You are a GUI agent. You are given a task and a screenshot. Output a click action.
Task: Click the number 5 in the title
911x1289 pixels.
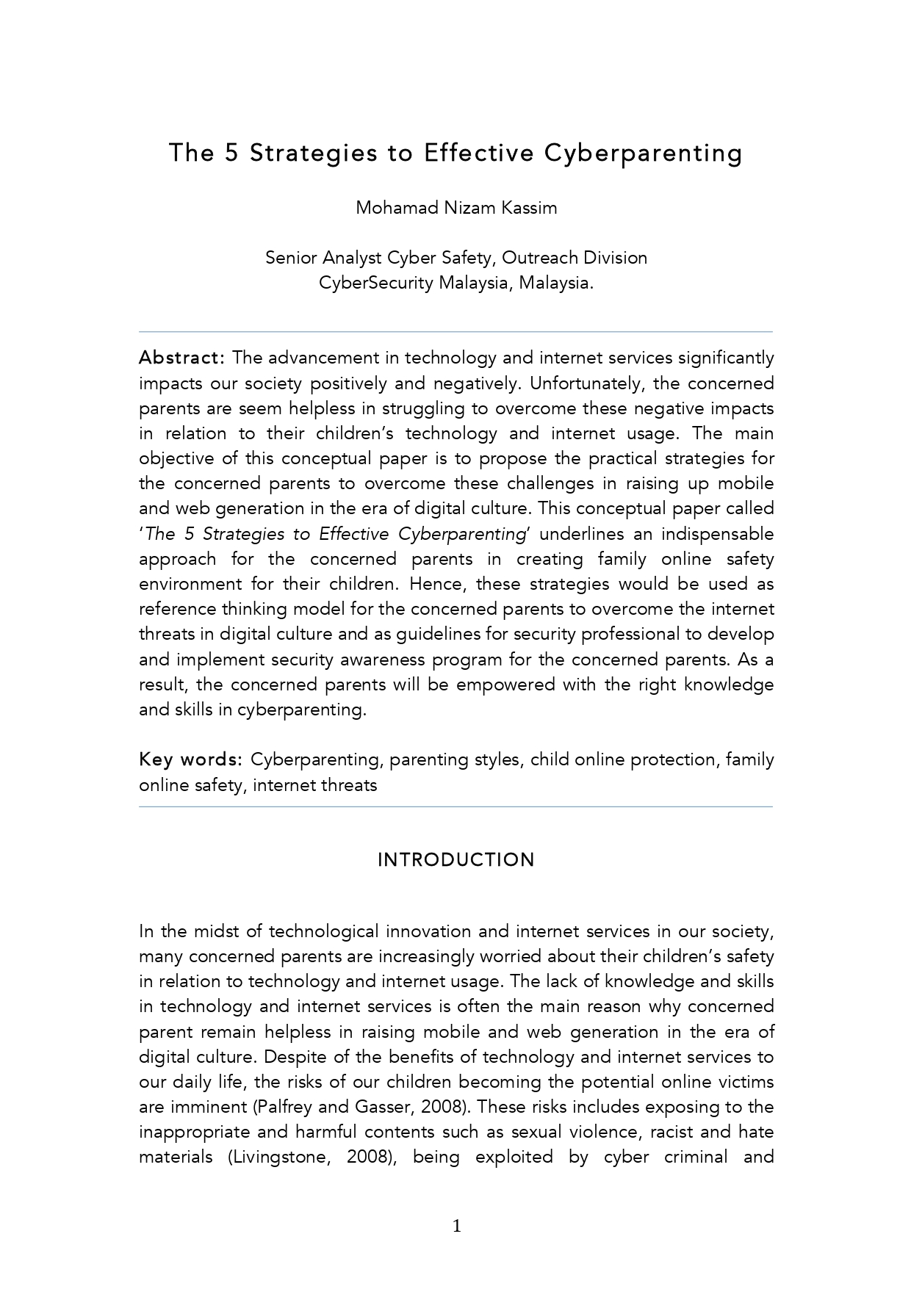(232, 153)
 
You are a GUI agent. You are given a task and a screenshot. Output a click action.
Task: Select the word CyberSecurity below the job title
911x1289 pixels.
(375, 283)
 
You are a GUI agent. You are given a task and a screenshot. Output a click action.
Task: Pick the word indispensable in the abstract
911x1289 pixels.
(717, 534)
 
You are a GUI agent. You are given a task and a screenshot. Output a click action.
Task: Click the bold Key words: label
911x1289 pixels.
(190, 759)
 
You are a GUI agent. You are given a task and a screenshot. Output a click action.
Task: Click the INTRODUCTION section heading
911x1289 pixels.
(456, 860)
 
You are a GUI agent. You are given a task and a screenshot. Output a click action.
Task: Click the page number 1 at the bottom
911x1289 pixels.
(456, 1226)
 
